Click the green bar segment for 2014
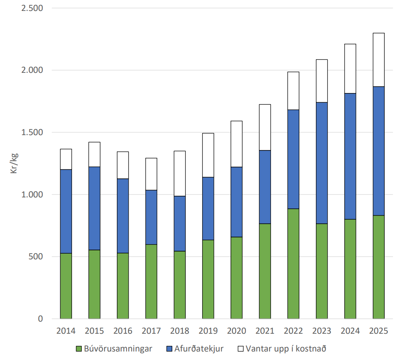(x=66, y=286)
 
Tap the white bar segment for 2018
(x=180, y=173)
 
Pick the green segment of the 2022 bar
(x=293, y=263)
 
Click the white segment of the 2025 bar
(x=379, y=59)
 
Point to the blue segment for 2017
(x=151, y=217)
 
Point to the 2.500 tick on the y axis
(x=32, y=8)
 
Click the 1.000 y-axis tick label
(x=32, y=195)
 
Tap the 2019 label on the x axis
(x=208, y=331)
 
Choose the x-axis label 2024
(x=350, y=331)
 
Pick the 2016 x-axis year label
(x=123, y=331)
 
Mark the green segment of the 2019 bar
(x=208, y=279)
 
